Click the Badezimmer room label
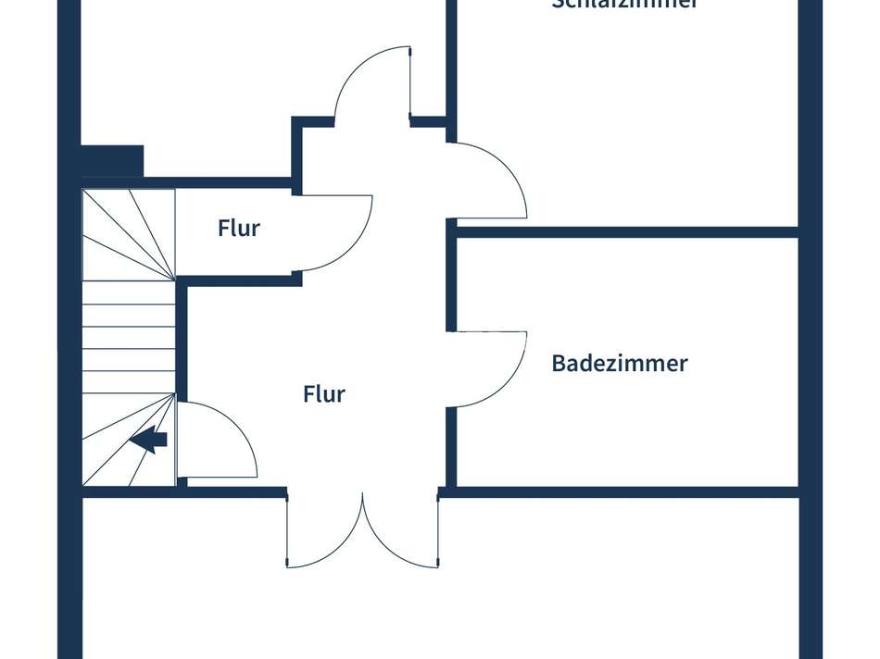click(619, 363)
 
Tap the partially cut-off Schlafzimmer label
click(623, 5)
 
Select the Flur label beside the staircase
click(239, 228)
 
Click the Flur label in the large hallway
click(324, 394)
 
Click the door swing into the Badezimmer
click(491, 368)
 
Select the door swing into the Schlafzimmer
click(491, 180)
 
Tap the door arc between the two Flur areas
click(338, 233)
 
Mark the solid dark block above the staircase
click(112, 159)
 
